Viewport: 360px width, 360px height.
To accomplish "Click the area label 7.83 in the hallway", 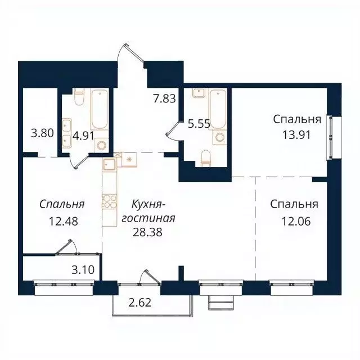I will click(164, 98).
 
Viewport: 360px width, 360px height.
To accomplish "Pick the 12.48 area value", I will click(62, 220).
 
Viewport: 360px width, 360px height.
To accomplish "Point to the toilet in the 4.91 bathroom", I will click(78, 100).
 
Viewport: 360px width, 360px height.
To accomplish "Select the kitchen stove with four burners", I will click(109, 201).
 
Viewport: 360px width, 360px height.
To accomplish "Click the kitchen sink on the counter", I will click(109, 164).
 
